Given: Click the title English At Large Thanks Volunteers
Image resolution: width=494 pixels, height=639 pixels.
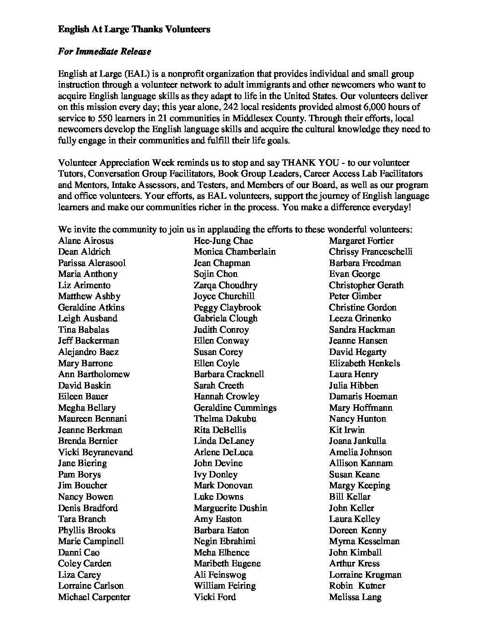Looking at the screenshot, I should [134, 29].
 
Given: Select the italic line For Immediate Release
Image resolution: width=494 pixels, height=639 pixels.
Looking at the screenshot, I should [104, 52].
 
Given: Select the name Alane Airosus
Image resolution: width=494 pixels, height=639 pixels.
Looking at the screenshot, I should [86, 241].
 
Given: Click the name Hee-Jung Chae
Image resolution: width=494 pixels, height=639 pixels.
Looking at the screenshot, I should [223, 241].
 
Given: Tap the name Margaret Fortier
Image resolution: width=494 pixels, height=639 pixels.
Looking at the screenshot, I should [361, 241].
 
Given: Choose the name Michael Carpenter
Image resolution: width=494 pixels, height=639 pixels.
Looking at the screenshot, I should [94, 597].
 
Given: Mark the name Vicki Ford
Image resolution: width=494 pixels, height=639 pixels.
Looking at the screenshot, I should [215, 597].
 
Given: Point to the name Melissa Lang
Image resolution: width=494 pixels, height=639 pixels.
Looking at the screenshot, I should [355, 597].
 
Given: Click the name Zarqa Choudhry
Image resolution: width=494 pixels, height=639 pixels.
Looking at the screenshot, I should [225, 285].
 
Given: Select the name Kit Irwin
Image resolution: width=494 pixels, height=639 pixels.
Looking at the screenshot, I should [347, 430].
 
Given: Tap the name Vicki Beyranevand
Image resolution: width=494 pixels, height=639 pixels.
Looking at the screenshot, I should [95, 452].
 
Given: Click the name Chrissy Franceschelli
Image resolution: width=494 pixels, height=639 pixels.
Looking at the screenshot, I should [370, 251].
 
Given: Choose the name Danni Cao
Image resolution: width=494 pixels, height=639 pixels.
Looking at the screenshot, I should [79, 552].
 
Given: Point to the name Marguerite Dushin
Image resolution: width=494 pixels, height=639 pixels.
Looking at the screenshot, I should [230, 508].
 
